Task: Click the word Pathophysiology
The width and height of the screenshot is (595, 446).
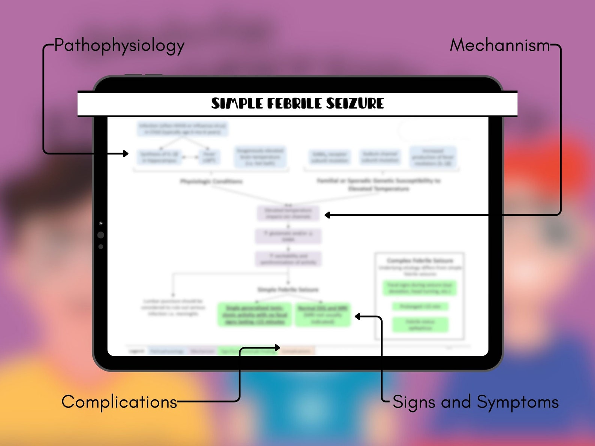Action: click(x=119, y=46)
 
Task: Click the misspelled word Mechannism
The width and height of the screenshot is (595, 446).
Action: click(x=499, y=45)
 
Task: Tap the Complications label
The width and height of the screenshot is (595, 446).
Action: click(x=119, y=402)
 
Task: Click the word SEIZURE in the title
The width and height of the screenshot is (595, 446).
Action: click(x=354, y=103)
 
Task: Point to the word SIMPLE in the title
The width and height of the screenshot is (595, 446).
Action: click(x=237, y=103)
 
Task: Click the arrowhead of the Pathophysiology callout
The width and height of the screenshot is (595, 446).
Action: click(x=126, y=154)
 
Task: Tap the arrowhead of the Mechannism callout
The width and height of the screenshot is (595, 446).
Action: click(x=327, y=215)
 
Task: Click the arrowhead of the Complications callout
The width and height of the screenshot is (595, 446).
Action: click(x=278, y=348)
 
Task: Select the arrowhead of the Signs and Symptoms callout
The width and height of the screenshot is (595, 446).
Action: click(x=357, y=317)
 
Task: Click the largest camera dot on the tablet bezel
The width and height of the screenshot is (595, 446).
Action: click(x=101, y=235)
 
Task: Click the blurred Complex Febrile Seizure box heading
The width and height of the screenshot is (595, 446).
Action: click(x=420, y=260)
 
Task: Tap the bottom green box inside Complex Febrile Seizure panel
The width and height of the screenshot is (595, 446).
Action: click(x=420, y=325)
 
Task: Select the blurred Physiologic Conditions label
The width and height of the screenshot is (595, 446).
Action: click(x=211, y=182)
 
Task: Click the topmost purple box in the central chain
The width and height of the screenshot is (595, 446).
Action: click(x=288, y=213)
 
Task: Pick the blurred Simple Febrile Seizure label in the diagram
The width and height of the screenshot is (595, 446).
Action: click(x=288, y=289)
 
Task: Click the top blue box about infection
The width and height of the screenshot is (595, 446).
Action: click(x=182, y=129)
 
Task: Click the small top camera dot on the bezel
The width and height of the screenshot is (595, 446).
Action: click(x=101, y=224)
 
